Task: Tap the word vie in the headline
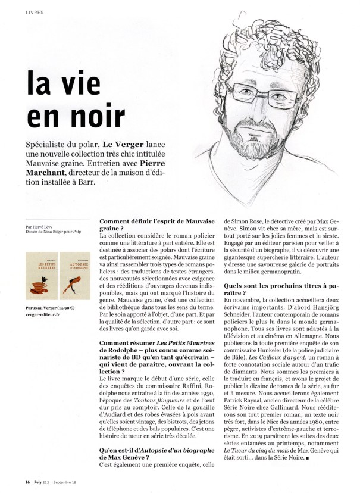[x=96, y=80]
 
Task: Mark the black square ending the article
[x=306, y=459]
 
